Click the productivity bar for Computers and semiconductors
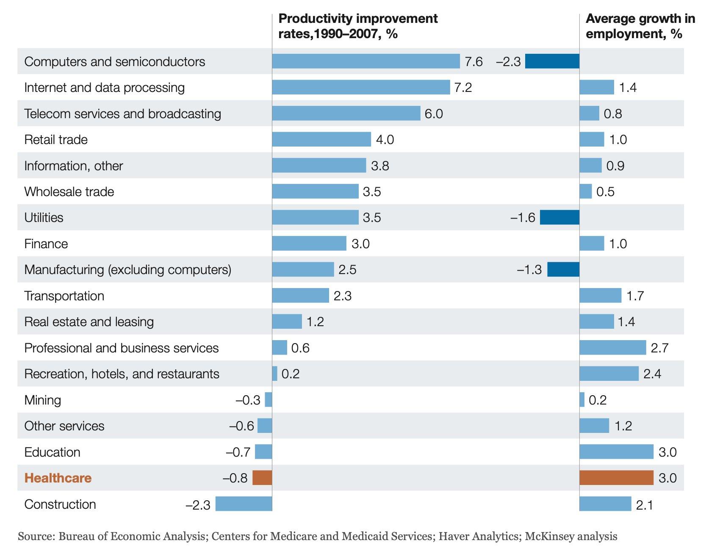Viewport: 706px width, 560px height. pyautogui.click(x=365, y=61)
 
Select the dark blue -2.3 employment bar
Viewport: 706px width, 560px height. pyautogui.click(x=552, y=61)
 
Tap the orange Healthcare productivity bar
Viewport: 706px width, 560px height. pyautogui.click(x=262, y=478)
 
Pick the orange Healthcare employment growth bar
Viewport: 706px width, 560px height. pyautogui.click(x=616, y=478)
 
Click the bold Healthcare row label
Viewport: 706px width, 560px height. pyautogui.click(x=58, y=478)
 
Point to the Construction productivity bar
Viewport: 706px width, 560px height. pyautogui.click(x=244, y=504)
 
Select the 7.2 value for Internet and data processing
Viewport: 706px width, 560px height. pyautogui.click(x=463, y=87)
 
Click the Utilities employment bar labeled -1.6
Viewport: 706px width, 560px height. pyautogui.click(x=559, y=217)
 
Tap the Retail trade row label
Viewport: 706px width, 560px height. pyautogui.click(x=56, y=139)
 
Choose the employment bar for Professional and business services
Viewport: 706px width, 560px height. pyautogui.click(x=612, y=348)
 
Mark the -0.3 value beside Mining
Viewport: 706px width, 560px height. pyautogui.click(x=248, y=400)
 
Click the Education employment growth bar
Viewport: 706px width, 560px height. pyautogui.click(x=616, y=452)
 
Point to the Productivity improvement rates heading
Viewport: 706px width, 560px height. pyautogui.click(x=358, y=26)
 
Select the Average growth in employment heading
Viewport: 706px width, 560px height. pyautogui.click(x=640, y=26)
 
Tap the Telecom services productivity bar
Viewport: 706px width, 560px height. pyautogui.click(x=346, y=114)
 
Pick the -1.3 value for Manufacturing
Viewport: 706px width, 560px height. pyautogui.click(x=529, y=269)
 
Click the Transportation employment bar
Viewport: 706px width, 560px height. pyautogui.click(x=600, y=296)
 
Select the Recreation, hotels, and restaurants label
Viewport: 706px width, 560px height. pyautogui.click(x=122, y=374)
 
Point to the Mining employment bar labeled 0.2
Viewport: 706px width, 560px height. pyautogui.click(x=582, y=400)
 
